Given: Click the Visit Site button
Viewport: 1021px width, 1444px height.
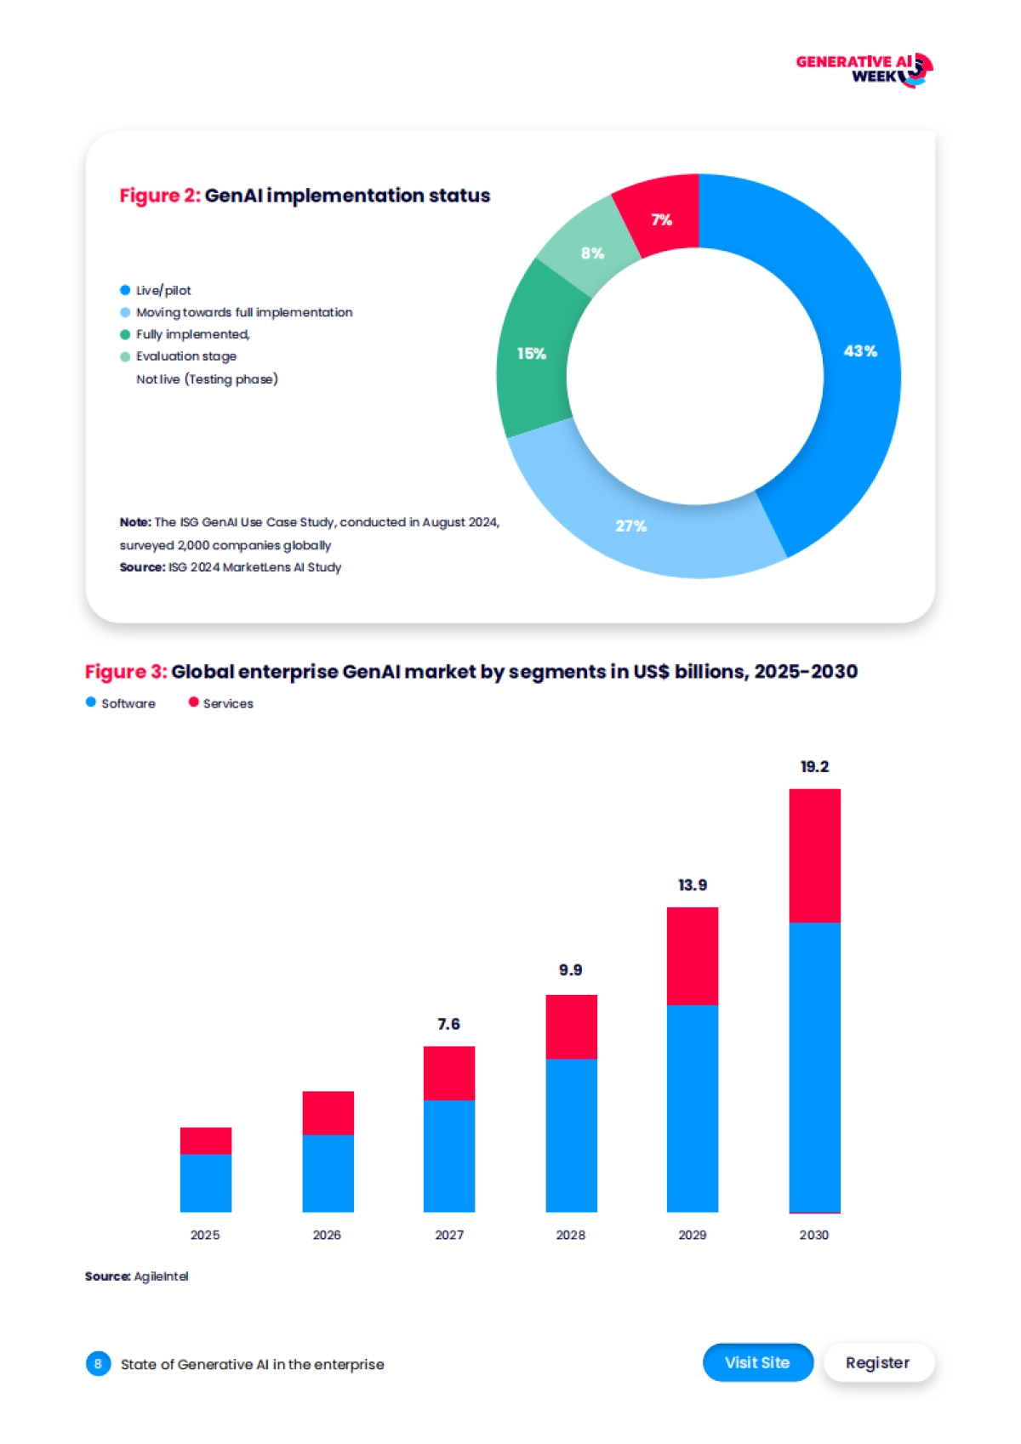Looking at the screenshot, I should click(x=757, y=1362).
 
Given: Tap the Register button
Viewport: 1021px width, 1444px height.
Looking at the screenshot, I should click(x=877, y=1362).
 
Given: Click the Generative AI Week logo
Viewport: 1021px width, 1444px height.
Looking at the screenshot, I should click(x=864, y=70).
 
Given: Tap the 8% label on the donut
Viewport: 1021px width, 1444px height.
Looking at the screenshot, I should click(x=592, y=253).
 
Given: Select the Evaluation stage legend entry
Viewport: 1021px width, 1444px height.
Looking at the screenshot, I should click(x=185, y=356).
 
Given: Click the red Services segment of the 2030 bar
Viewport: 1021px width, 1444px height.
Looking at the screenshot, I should click(x=814, y=856).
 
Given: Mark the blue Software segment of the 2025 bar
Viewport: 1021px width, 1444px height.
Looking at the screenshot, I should click(x=206, y=1182).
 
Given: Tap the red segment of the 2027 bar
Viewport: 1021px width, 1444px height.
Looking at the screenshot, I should click(x=449, y=1073).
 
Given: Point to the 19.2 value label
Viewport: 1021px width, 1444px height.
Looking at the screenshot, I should click(x=814, y=767).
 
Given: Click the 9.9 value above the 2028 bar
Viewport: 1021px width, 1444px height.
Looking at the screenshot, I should click(x=570, y=970).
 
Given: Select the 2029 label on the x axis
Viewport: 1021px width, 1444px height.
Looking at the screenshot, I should click(x=692, y=1235).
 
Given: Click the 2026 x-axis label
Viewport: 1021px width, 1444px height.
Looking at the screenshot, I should click(x=327, y=1235).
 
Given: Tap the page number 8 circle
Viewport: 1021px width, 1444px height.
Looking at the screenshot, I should click(x=98, y=1364).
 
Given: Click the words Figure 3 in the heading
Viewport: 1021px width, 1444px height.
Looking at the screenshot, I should click(x=125, y=672).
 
